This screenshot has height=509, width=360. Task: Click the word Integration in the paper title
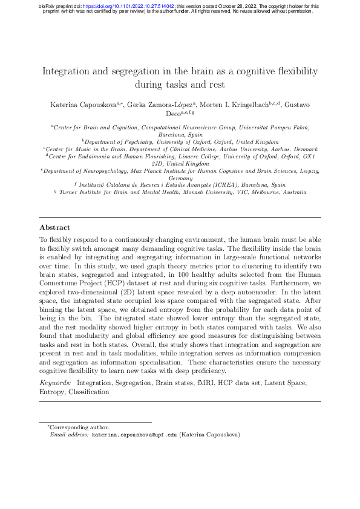point(66,71)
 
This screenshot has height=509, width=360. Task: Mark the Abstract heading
point(54,228)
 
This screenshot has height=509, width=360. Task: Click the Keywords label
point(54,383)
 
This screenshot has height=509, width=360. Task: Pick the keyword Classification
point(88,392)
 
